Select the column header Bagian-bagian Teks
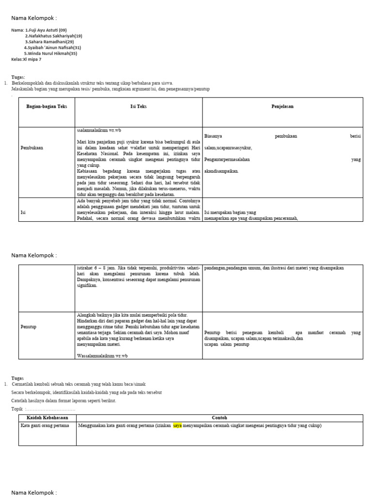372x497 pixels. click(46, 106)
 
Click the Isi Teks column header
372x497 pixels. click(139, 106)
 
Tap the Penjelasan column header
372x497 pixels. click(282, 106)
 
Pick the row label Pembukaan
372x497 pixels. click(31, 148)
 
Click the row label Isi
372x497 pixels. click(23, 212)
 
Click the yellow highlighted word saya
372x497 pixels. click(177, 426)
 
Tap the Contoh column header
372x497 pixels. click(219, 418)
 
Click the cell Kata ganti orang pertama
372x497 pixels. click(45, 426)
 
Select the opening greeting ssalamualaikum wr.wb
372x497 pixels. click(99, 130)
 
